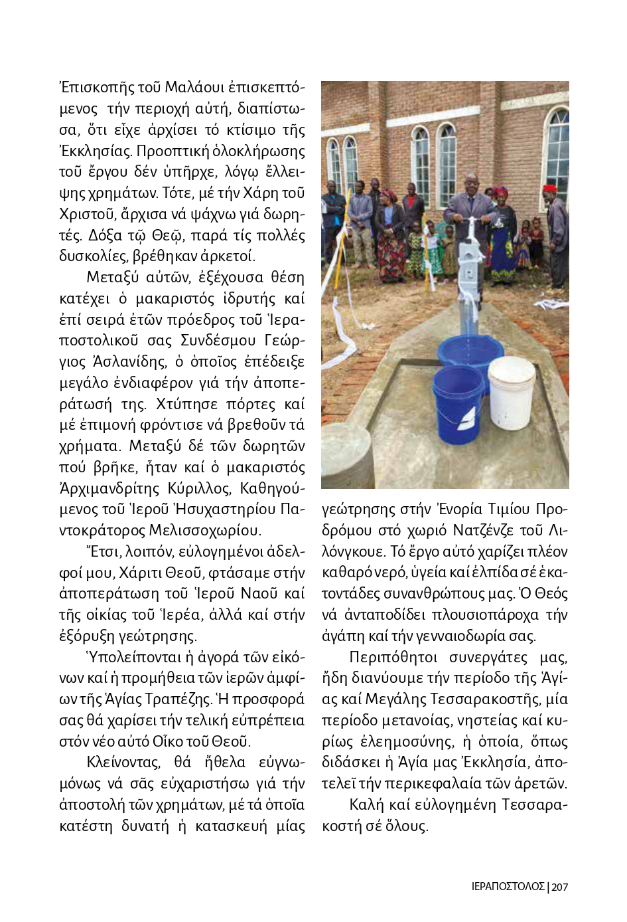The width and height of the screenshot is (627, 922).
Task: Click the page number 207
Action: click(560, 886)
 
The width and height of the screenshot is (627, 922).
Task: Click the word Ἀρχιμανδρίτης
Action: click(108, 488)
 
